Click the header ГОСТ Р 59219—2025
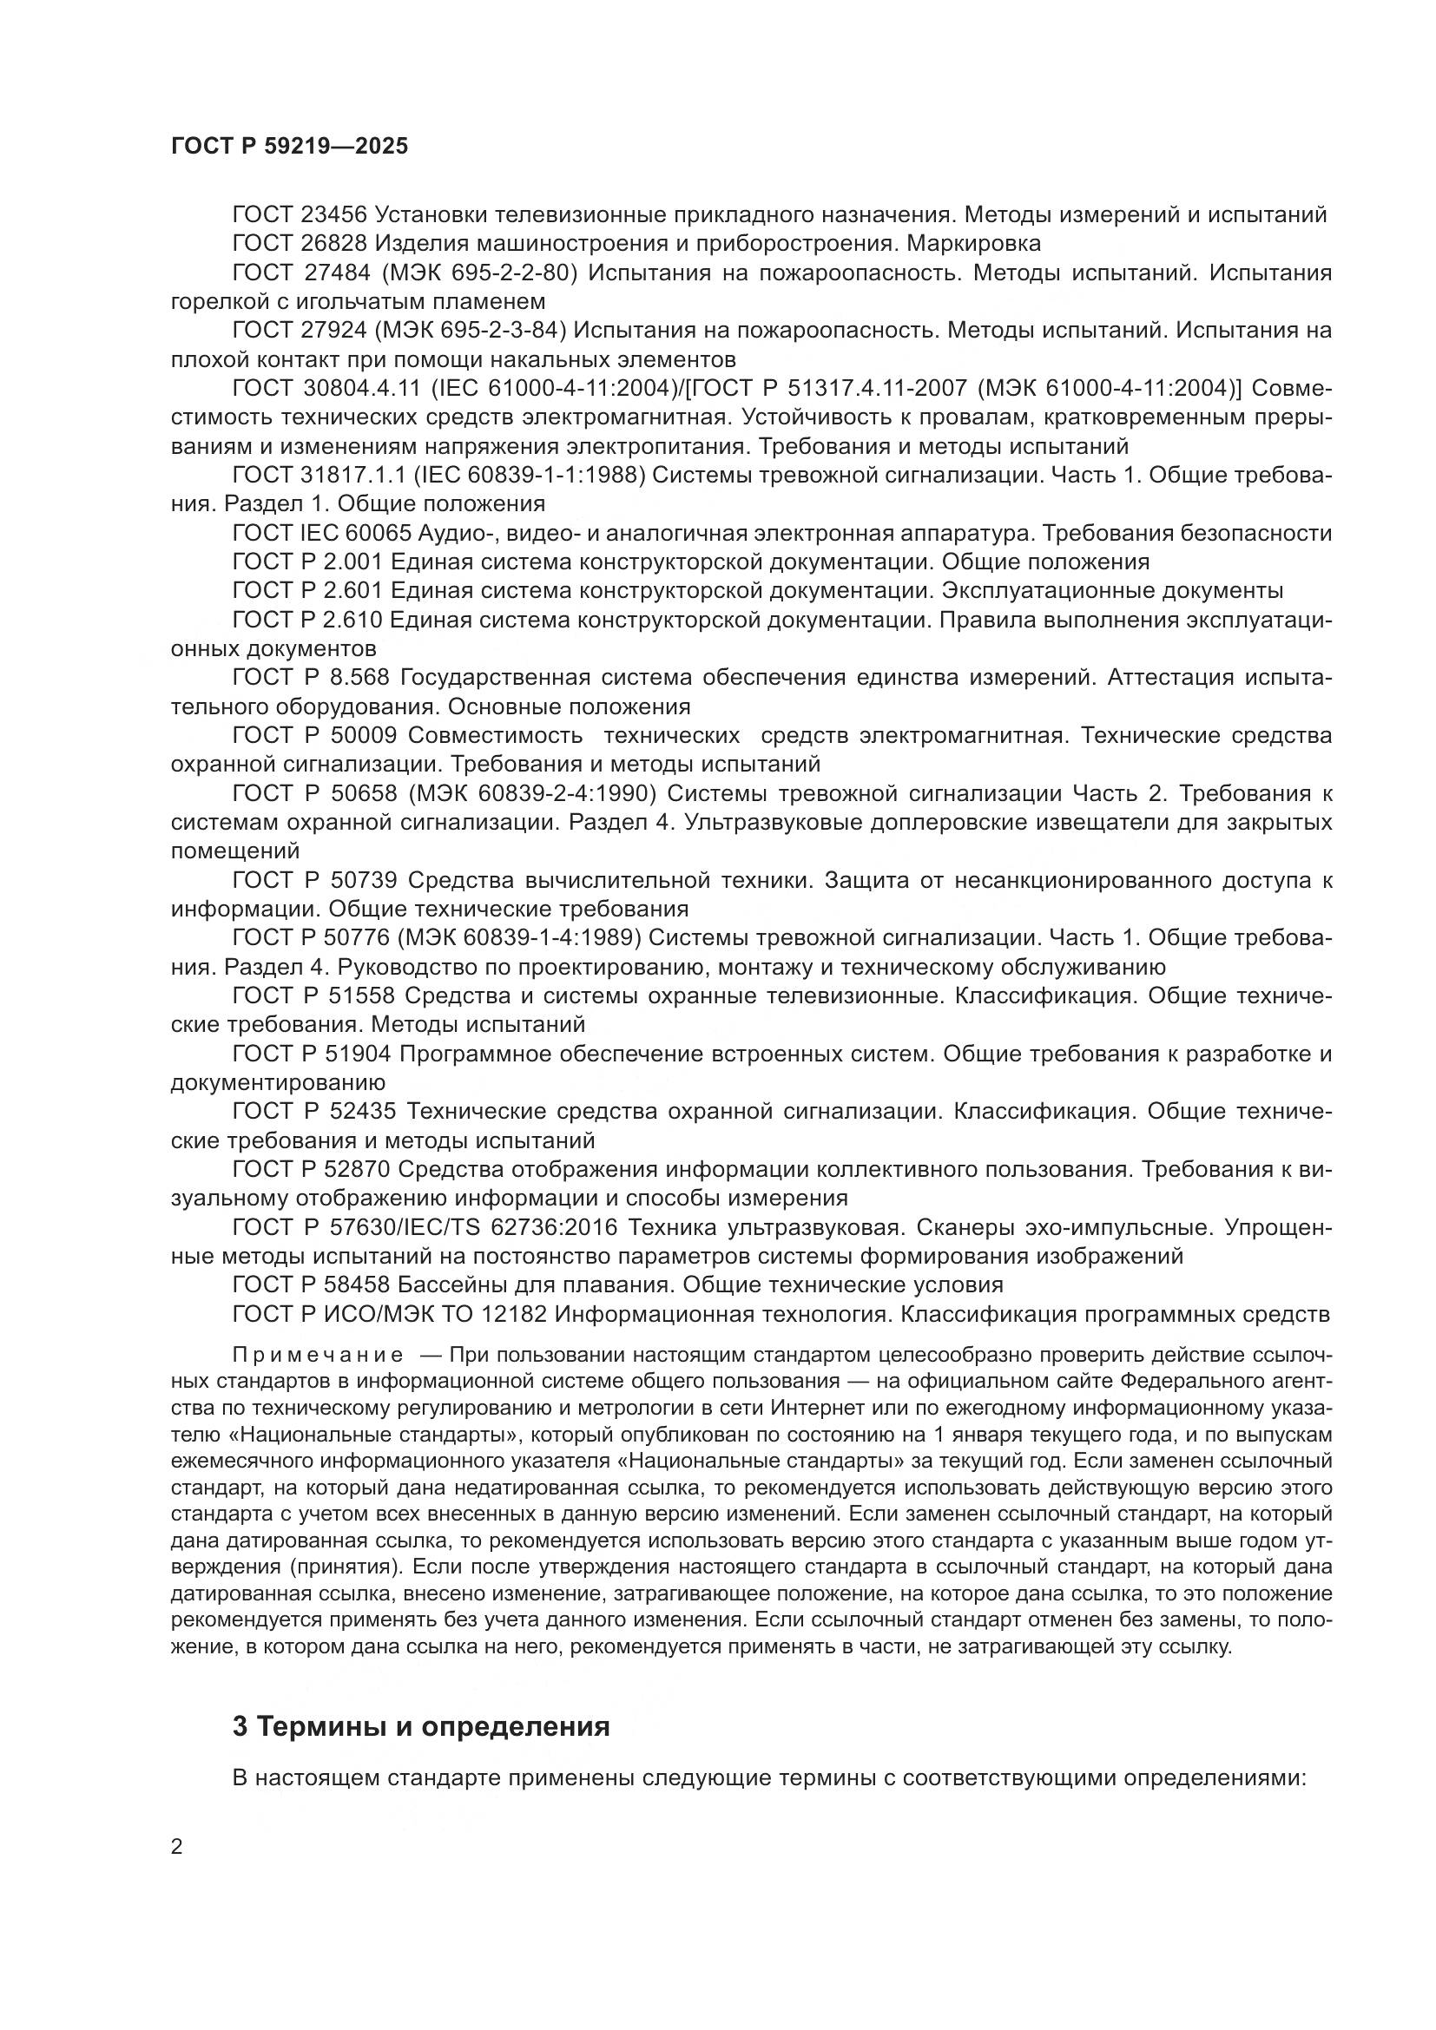pyautogui.click(x=289, y=147)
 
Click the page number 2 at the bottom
pyautogui.click(x=177, y=1847)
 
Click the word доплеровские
pyautogui.click(x=943, y=822)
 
